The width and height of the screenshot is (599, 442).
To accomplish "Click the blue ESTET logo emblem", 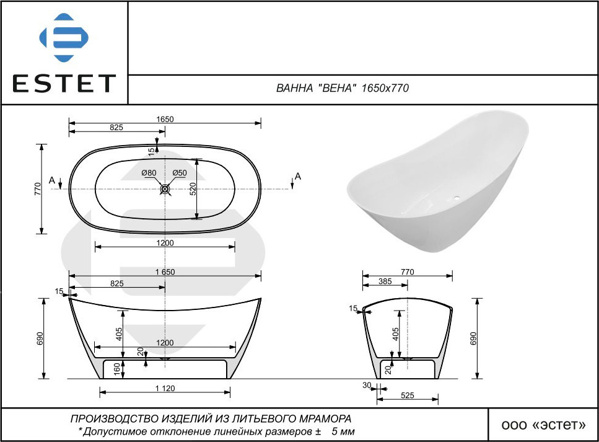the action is [x=64, y=37].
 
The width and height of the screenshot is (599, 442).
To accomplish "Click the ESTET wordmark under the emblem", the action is [x=64, y=83].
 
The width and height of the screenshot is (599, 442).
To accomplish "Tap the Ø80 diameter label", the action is [x=149, y=173].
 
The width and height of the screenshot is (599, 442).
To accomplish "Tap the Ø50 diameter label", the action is [x=180, y=173].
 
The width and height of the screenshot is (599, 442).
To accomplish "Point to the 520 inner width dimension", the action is [x=193, y=189].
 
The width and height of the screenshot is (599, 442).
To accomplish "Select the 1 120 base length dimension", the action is [x=165, y=389].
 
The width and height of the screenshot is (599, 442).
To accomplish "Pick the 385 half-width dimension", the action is [x=385, y=281].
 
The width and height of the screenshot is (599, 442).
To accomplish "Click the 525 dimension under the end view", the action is [x=408, y=396].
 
